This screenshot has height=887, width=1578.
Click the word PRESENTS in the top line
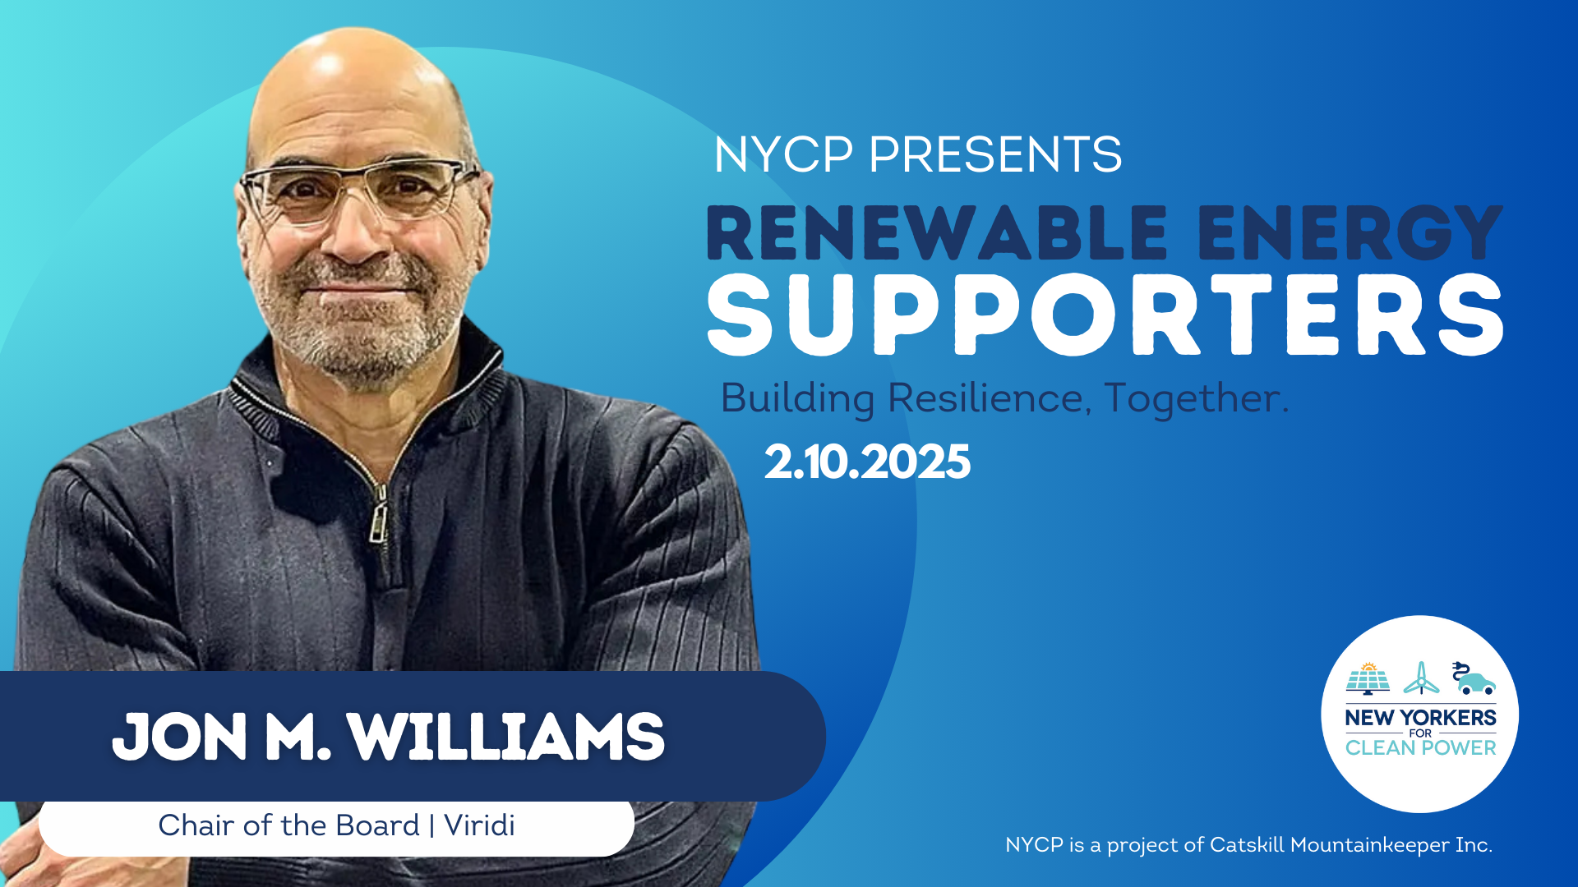995,154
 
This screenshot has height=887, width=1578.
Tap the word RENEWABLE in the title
937,233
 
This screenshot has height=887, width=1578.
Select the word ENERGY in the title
1350,233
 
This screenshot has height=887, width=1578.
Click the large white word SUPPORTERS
1105,315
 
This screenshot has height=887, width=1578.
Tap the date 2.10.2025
867,462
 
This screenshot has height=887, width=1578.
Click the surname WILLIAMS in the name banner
505,737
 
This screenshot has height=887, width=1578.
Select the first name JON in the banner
180,737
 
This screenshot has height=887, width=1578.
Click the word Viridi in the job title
479,825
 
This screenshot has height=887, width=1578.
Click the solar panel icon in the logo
1368,678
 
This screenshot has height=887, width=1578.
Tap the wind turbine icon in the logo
1421,678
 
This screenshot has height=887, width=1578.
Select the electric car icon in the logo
1474,678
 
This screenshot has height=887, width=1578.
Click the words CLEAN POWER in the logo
1421,748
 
